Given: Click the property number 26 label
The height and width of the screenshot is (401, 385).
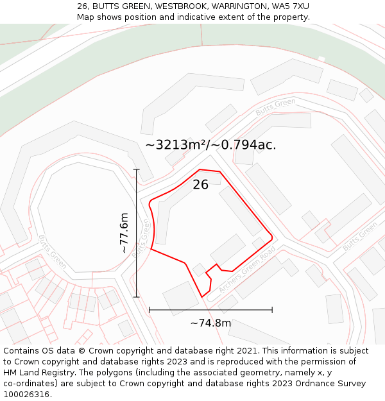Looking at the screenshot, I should (x=201, y=185).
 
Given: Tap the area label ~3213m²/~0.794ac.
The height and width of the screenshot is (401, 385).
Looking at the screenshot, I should (x=210, y=145).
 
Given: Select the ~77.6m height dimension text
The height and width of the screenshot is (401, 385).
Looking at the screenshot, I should (x=124, y=233).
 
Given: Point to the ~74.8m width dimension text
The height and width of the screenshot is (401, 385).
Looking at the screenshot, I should (x=210, y=323).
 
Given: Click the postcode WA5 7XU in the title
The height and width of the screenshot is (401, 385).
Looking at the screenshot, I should (x=290, y=6).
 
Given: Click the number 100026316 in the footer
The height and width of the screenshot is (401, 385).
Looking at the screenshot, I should (x=28, y=395).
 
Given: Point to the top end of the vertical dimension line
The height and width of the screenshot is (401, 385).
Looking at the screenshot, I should (x=136, y=169).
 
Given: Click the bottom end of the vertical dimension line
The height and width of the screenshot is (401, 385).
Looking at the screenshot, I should (x=136, y=297).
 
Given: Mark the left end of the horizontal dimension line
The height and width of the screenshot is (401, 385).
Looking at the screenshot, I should (x=150, y=310).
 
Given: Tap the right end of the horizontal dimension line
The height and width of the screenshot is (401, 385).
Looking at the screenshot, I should (x=272, y=310).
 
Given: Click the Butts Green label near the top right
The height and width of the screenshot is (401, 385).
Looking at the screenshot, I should (x=275, y=107).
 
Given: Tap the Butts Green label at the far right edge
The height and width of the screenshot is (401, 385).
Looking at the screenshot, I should (x=360, y=237).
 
